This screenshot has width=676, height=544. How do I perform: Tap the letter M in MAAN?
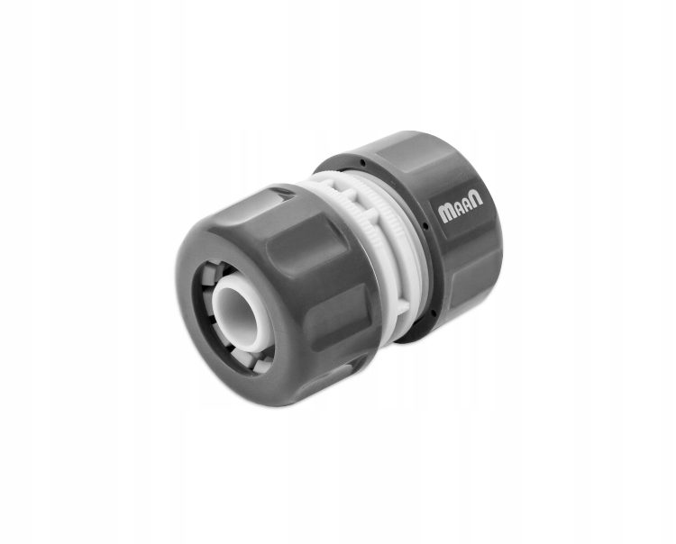click(445, 213)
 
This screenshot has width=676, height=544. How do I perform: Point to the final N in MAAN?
click(477, 198)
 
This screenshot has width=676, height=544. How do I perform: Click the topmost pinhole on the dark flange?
click(362, 163)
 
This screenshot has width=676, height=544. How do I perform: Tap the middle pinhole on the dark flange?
click(425, 225)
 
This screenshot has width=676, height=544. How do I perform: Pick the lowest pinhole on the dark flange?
click(433, 313)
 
